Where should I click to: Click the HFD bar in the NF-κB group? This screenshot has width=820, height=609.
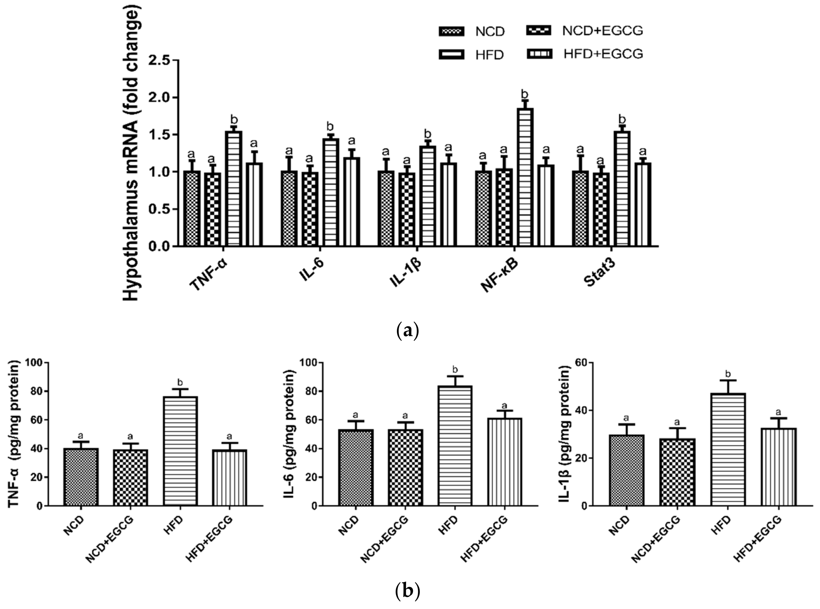[525, 177]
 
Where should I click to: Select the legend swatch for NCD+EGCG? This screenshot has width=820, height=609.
[539, 31]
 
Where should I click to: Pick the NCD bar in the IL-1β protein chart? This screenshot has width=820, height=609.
[627, 470]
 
